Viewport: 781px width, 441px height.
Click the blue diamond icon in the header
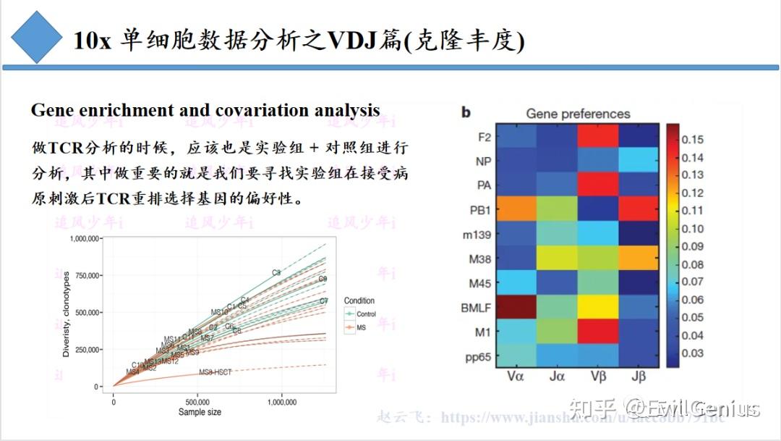36,37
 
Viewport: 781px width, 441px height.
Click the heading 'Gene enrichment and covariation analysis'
205,111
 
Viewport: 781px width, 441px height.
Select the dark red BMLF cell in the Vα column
516,306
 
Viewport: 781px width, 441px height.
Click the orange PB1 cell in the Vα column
516,209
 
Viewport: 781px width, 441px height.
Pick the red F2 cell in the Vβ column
598,135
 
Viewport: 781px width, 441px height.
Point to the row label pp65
477,357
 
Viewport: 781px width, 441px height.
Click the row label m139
477,234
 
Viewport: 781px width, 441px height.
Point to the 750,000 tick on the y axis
83,275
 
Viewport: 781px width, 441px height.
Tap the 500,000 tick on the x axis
197,401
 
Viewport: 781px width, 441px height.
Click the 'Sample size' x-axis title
200,412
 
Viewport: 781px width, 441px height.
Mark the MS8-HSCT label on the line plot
215,372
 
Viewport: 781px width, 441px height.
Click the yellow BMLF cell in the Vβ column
598,306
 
